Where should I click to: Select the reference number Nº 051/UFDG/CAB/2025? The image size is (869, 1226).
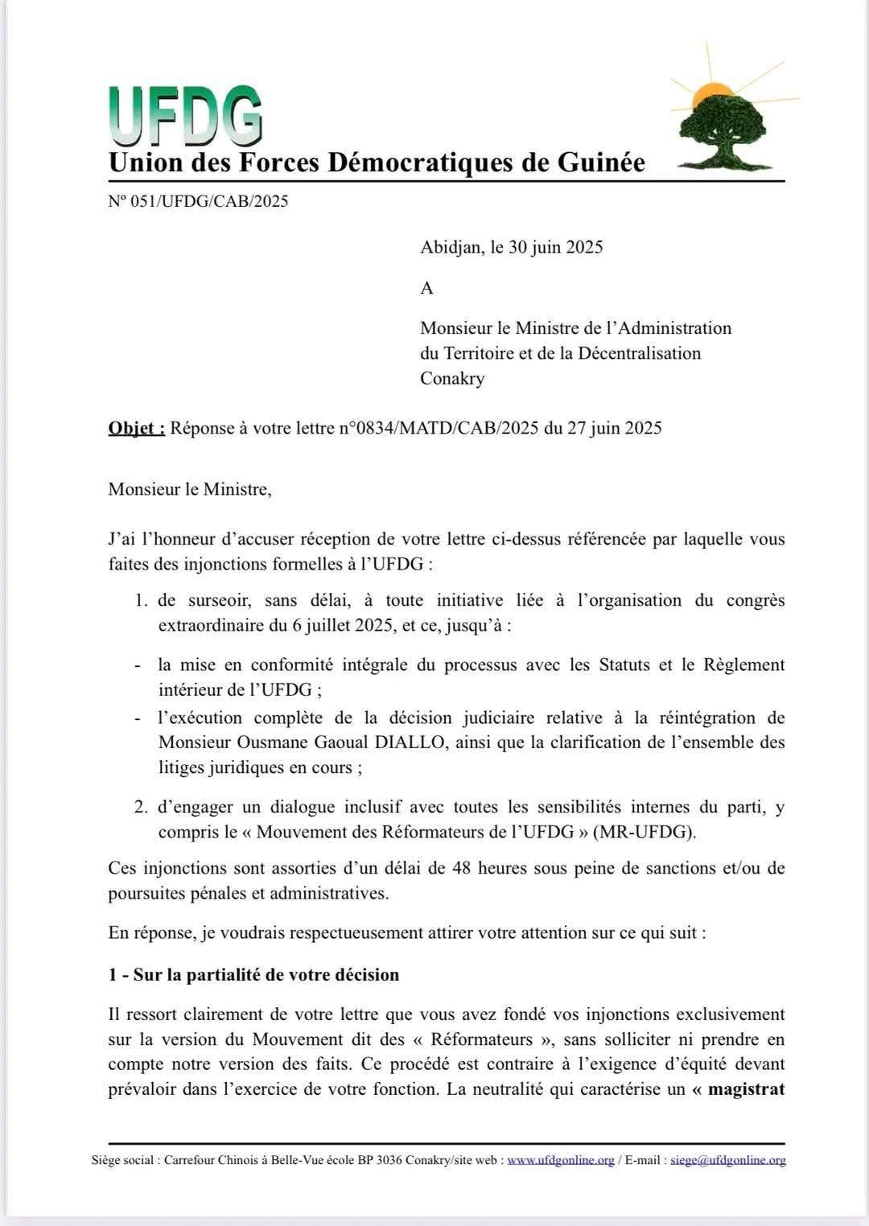point(198,201)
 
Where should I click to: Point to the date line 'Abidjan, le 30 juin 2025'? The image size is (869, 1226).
point(511,247)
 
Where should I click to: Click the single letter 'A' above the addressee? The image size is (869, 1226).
point(426,287)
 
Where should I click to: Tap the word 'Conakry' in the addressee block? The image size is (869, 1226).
point(452,378)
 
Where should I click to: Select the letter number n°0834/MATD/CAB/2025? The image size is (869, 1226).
point(439,428)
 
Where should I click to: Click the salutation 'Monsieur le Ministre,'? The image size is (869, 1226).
point(190,489)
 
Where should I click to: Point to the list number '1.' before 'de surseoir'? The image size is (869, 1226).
point(142,600)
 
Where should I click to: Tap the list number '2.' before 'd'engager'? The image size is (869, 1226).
point(142,807)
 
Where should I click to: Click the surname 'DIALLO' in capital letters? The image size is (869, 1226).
point(415,743)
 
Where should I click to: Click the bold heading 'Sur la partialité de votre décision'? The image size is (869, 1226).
point(266,975)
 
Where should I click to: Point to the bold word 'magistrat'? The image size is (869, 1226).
point(746,1090)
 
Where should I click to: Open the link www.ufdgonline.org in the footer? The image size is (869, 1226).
point(560,1160)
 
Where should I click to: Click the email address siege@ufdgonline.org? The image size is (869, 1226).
point(727,1160)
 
